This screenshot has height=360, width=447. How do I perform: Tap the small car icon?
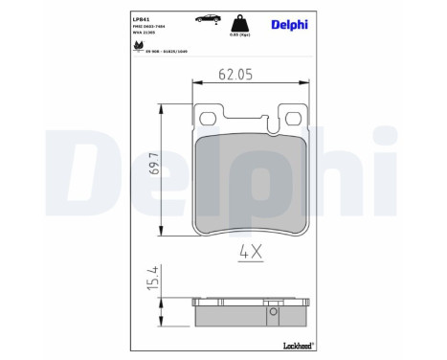click(205, 18)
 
